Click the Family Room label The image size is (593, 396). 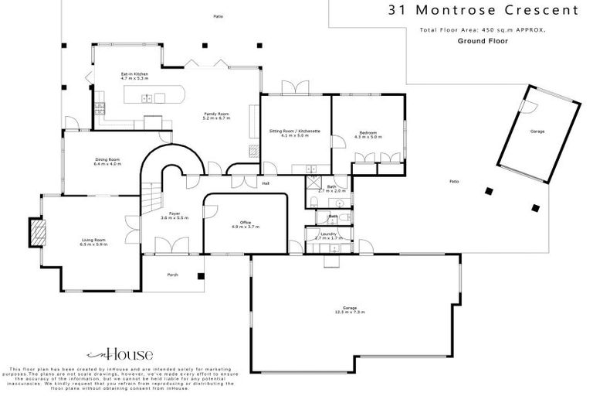[216, 116]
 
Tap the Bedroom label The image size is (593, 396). [368, 134]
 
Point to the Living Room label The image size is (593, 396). [94, 242]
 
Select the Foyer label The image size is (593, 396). [168, 216]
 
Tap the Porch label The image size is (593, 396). [173, 275]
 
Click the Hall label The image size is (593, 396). [265, 184]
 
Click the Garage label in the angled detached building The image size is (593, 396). [537, 132]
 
